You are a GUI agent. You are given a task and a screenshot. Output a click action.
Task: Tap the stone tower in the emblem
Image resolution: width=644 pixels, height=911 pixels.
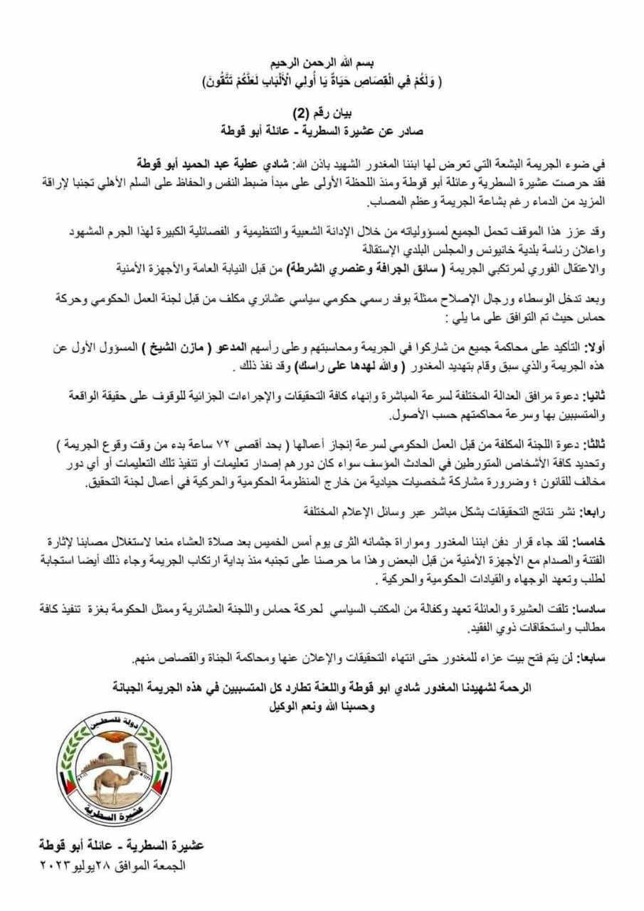point(132,747)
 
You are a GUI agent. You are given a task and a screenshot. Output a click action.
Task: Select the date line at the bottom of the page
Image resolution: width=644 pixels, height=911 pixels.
point(110,866)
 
